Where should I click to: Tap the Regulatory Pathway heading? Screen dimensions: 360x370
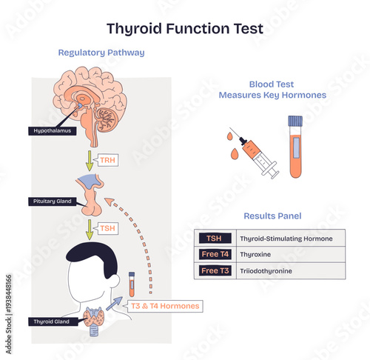[101, 53]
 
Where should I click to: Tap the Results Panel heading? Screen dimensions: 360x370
[272, 216]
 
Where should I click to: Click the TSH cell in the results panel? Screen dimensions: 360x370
[214, 239]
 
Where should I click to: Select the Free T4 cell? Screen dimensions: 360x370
[214, 255]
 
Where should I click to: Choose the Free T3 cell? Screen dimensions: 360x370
[214, 271]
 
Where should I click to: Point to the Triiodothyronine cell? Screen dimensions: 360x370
[266, 271]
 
